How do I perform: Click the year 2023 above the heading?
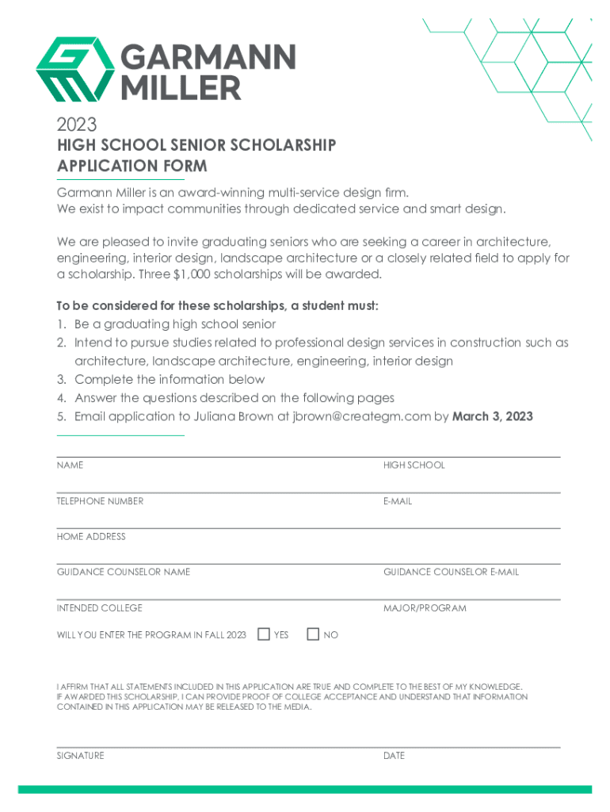coord(76,124)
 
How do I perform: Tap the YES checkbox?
coord(265,634)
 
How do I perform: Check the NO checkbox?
coord(313,634)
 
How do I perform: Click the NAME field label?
coord(70,465)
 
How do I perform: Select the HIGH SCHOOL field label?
coord(414,465)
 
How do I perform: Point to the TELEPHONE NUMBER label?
coord(100,501)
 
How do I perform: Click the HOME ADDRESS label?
coord(91,537)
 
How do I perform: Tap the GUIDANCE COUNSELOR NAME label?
coord(123,572)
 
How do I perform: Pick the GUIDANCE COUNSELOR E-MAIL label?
coord(451,572)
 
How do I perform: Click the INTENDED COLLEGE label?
coord(99,608)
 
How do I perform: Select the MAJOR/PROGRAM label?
coord(425,608)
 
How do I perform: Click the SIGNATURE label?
coord(80,756)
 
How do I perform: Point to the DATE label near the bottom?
coord(394,756)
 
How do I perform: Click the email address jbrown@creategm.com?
coord(360,416)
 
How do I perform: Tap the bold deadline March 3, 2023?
coord(492,416)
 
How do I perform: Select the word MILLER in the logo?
coord(180,87)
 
